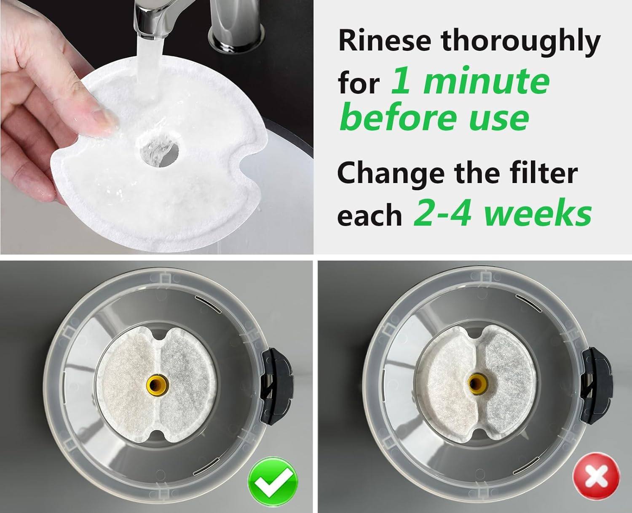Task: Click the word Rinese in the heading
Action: pos(385,42)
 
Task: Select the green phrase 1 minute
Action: pos(470,81)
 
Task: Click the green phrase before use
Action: pos(435,117)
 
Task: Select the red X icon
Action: pos(596,476)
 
